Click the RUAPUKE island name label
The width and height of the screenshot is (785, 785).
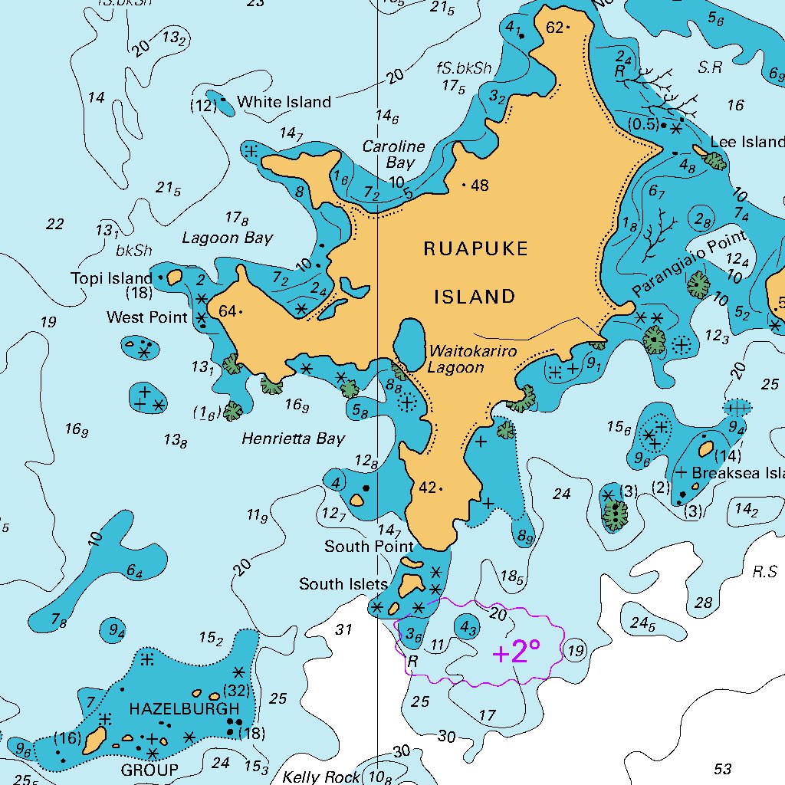475,248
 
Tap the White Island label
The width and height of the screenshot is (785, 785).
284,102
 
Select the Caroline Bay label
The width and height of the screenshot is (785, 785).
393,154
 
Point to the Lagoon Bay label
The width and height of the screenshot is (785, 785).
227,238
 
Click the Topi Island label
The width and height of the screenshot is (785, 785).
112,278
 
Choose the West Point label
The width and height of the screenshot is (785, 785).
146,317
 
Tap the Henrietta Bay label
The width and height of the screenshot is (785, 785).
293,438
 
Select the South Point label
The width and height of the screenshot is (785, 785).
369,547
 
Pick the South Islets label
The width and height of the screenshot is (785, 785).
343,584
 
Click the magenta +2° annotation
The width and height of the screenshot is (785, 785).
516,652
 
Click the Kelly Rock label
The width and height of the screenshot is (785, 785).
320,777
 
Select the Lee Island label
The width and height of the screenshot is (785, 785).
747,142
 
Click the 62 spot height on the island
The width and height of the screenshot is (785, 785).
555,28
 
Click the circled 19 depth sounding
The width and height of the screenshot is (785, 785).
575,652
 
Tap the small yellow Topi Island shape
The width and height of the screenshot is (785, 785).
174,276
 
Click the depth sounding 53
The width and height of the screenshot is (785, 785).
722,769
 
